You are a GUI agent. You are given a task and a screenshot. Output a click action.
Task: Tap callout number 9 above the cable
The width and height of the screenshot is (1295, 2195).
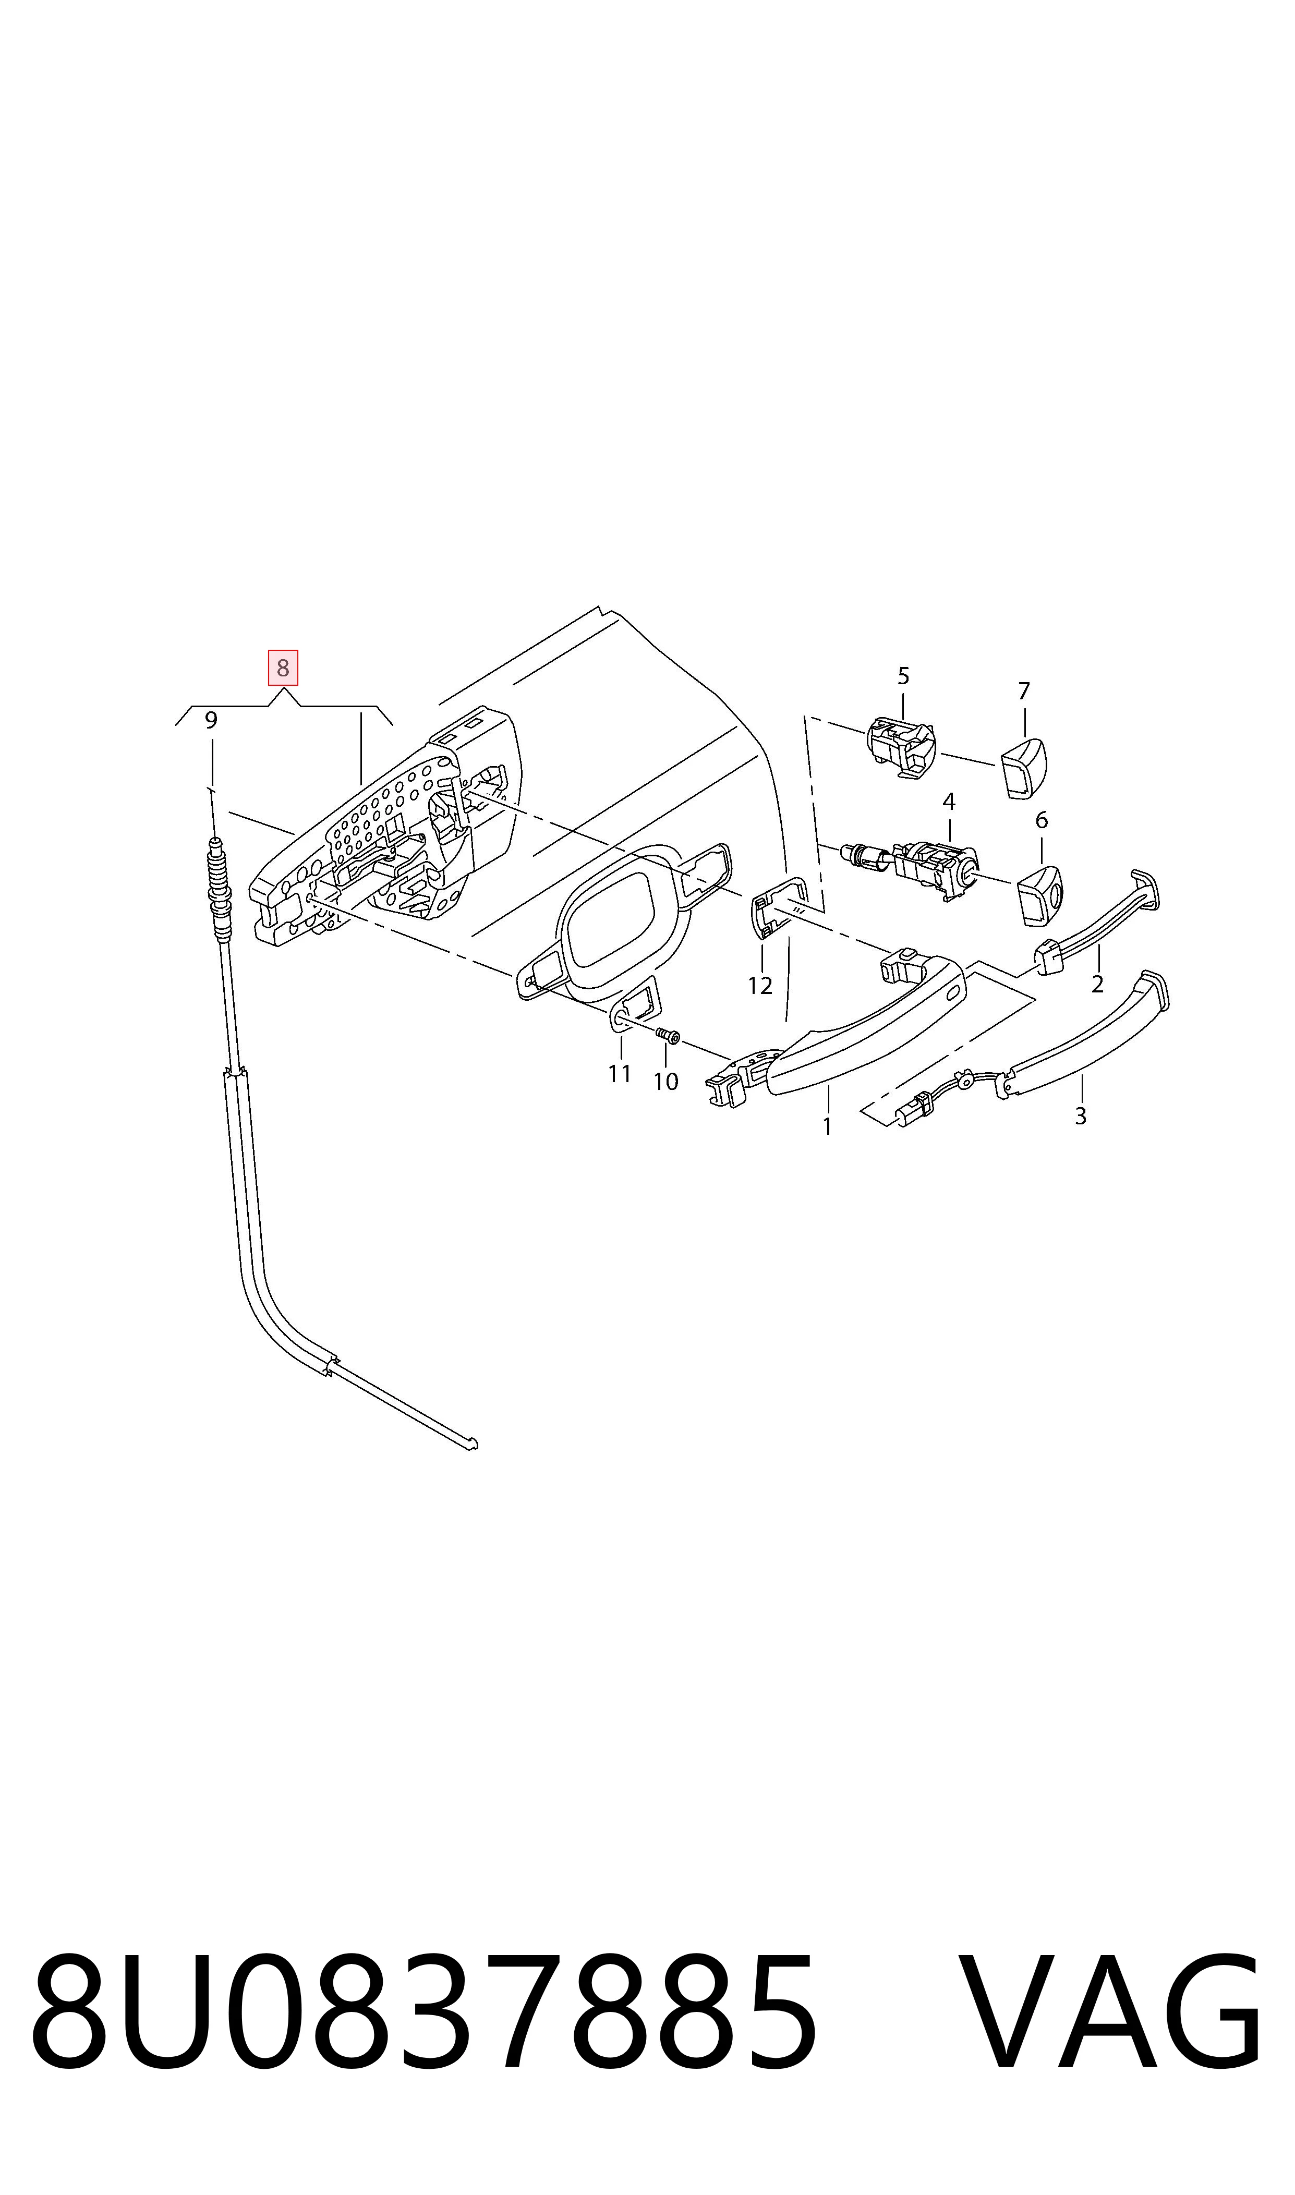211,721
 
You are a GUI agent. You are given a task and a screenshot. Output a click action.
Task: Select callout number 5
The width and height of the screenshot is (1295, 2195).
903,676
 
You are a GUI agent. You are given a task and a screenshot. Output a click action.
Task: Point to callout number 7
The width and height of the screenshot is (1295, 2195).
1024,691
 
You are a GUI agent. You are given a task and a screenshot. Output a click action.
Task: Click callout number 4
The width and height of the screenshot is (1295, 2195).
949,801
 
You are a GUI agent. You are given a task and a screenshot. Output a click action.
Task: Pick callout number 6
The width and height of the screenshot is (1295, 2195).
1041,820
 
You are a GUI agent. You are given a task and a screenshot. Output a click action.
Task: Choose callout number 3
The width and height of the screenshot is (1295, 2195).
1080,1116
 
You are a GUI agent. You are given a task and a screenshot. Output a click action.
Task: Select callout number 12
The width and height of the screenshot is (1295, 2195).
760,986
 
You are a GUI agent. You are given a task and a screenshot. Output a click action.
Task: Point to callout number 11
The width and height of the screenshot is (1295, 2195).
620,1074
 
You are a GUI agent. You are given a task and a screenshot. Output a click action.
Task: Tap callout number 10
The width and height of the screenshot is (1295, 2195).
666,1082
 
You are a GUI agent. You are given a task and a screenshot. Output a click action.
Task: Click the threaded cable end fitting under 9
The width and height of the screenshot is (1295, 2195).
219,889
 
